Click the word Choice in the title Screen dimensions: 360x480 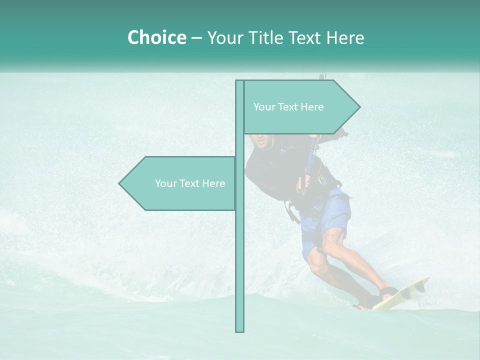coord(156,37)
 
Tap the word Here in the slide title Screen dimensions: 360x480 coord(345,37)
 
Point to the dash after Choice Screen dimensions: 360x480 coord(196,38)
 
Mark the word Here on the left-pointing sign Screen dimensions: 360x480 coord(214,183)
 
